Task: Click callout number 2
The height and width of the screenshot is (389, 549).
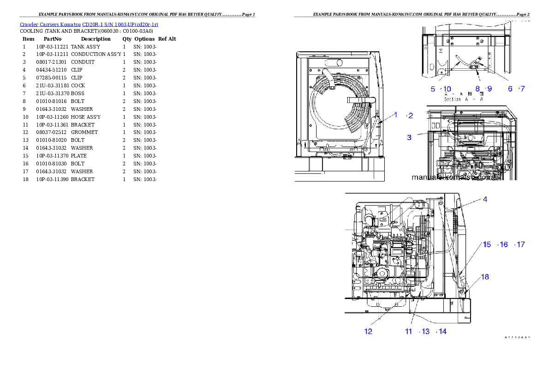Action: coord(411,115)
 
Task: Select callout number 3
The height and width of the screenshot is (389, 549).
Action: coord(409,137)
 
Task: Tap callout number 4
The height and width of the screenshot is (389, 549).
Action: coord(485,200)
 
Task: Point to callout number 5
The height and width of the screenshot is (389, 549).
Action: coord(433,89)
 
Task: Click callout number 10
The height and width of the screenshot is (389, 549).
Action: coord(447,89)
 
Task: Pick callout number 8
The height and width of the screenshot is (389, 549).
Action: coord(478,89)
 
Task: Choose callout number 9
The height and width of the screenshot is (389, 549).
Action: coord(489,89)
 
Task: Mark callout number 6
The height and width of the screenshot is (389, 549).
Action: coord(511,89)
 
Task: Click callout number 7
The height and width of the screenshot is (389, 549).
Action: coord(522,89)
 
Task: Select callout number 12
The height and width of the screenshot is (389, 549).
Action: coord(368,331)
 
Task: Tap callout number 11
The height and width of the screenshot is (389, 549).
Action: coord(409,331)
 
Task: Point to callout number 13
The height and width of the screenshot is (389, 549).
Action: coord(425,331)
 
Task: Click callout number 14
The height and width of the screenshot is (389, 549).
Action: coord(442,331)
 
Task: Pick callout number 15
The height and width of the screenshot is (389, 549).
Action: coord(487,244)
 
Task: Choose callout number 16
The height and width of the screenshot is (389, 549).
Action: coord(504,244)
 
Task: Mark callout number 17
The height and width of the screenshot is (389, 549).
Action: coord(520,244)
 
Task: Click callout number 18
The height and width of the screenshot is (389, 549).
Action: coord(485,277)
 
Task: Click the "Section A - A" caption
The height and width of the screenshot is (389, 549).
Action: coord(464,99)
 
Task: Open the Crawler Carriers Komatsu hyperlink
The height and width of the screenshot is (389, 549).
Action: coord(89,24)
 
